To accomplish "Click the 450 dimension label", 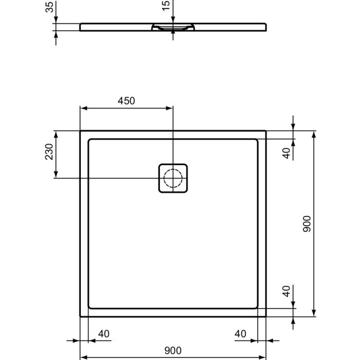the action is point(127,101).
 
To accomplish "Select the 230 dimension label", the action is point(49,152).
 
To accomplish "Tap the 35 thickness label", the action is point(49,7).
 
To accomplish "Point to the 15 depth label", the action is point(166,5).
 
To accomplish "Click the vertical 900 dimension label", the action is point(307,224).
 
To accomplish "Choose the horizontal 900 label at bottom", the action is point(173,351).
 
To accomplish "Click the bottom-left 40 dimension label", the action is point(104,334).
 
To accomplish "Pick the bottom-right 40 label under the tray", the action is point(240,334).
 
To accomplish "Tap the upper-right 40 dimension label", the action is point(286,153).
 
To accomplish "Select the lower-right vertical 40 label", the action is point(286,291).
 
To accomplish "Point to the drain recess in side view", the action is point(173,27).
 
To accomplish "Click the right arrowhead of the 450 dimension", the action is point(169,108).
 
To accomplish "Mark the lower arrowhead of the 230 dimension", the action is point(56,174).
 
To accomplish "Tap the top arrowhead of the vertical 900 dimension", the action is point(314,135).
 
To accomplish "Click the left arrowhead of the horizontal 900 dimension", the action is point(83,357).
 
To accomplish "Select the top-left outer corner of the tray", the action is point(80,131).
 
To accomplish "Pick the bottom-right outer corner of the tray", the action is point(266,316).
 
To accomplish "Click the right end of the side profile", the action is point(266,27).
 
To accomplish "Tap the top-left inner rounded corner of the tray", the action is point(89,140).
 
